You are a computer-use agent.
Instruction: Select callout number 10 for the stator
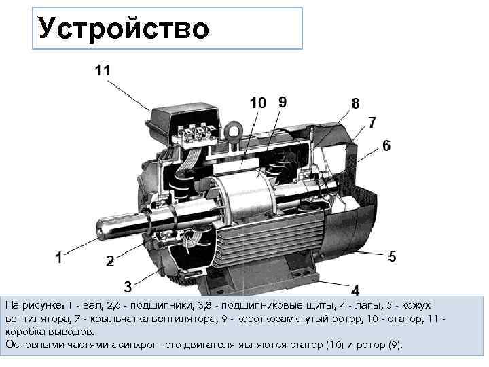click(x=258, y=103)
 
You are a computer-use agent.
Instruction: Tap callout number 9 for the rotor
click(x=282, y=102)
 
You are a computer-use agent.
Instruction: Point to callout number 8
click(x=355, y=103)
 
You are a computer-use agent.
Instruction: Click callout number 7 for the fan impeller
click(x=372, y=122)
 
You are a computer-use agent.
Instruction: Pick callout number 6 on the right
click(x=386, y=145)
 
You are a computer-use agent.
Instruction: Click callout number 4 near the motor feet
click(x=355, y=288)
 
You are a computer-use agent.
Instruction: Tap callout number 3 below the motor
click(x=127, y=284)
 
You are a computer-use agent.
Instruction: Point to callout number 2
click(x=109, y=261)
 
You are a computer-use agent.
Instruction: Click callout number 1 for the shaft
click(x=60, y=257)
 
